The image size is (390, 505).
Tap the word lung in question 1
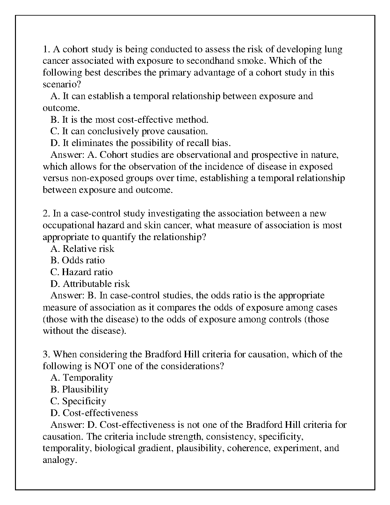[333, 49]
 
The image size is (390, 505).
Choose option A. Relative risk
[82, 249]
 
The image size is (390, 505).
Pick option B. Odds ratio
[77, 260]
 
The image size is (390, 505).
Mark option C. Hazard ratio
[82, 272]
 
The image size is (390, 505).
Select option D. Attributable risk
[90, 284]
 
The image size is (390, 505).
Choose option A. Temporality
[82, 378]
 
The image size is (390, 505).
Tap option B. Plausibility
[79, 390]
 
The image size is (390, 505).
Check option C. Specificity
[78, 401]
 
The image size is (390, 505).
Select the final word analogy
[60, 460]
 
